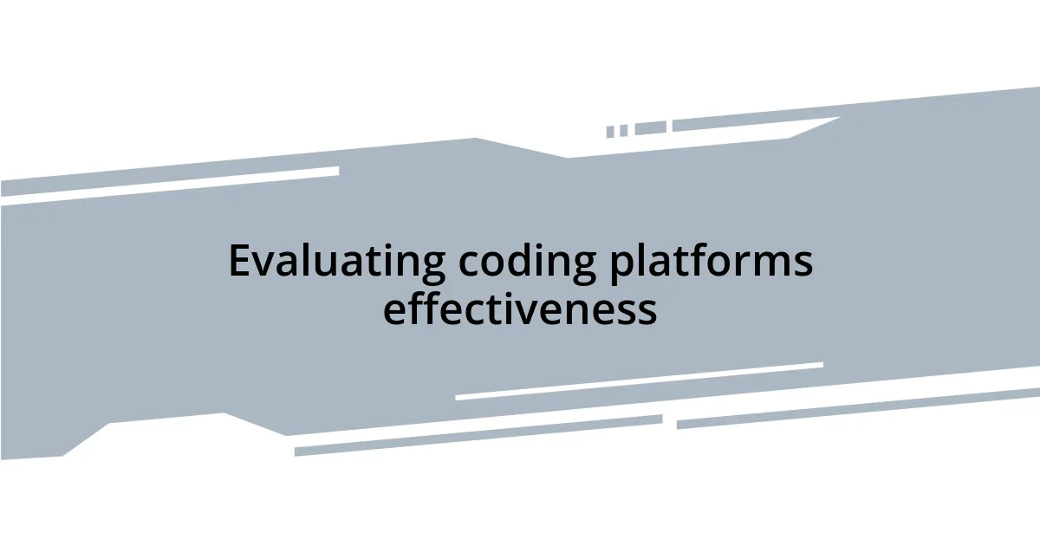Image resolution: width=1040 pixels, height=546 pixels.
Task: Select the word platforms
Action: (x=711, y=262)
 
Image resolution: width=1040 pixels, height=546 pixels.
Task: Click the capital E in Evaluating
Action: (x=239, y=261)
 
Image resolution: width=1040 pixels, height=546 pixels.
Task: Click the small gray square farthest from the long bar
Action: (x=610, y=132)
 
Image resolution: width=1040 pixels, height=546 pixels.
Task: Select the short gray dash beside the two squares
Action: (x=650, y=128)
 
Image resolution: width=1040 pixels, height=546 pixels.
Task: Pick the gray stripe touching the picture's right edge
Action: (x=858, y=408)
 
